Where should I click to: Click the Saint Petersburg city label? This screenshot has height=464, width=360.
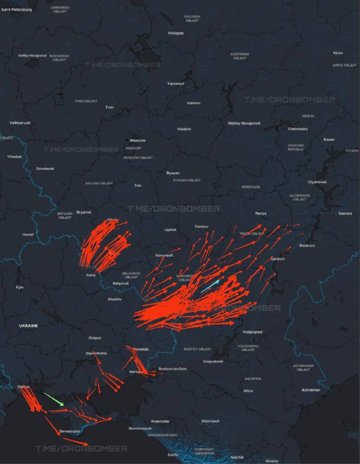(x=17, y=9)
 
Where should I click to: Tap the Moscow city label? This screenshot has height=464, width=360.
(x=137, y=140)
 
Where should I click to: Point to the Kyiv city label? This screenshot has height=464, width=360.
(x=20, y=287)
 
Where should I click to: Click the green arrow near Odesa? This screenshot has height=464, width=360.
(x=54, y=399)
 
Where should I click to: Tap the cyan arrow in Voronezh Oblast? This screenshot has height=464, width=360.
(x=210, y=286)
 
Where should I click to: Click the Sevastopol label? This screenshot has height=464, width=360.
(x=70, y=432)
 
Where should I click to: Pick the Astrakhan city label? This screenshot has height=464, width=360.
(x=311, y=390)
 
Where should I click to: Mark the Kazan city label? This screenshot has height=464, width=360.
(x=329, y=139)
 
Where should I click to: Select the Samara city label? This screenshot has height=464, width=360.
(x=345, y=213)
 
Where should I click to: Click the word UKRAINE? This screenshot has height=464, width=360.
(x=28, y=326)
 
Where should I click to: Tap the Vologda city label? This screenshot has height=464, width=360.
(x=176, y=33)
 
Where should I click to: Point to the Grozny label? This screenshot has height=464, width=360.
(x=272, y=461)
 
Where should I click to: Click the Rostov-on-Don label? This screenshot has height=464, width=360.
(x=173, y=369)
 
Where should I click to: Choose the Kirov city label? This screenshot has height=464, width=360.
(x=338, y=53)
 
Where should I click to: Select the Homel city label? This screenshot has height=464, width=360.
(x=28, y=234)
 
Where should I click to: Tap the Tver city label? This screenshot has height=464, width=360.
(x=110, y=107)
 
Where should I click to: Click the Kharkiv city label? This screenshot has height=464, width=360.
(x=114, y=299)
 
